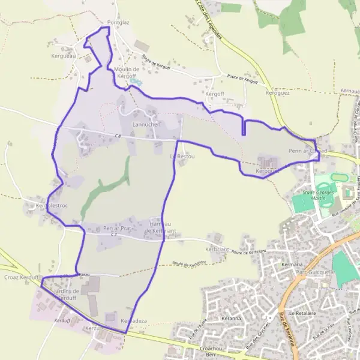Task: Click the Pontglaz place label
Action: (x=118, y=23)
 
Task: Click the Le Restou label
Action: (x=182, y=157)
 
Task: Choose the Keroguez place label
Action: (x=277, y=94)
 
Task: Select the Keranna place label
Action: (x=230, y=317)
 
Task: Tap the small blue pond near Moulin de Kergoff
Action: (x=136, y=81)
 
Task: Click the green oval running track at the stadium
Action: (x=339, y=178)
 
